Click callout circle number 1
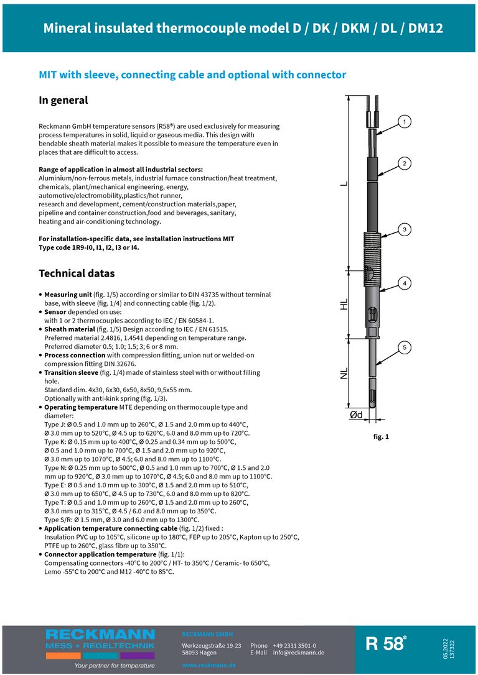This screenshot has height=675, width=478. pos(404,121)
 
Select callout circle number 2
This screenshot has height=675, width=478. pos(404,163)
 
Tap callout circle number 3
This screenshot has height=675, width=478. pos(404,230)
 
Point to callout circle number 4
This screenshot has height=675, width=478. pos(404,283)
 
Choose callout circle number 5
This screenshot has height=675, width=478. pos(404,347)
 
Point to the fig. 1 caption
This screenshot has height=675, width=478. pos(381,437)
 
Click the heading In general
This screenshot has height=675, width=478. pos(63,100)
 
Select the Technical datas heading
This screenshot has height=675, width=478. pos(77,273)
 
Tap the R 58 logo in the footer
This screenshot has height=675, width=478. pos(386,644)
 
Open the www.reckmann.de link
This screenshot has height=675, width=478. pos(209,666)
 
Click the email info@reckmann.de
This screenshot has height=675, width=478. pos(298,653)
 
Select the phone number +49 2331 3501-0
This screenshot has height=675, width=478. pos(294,646)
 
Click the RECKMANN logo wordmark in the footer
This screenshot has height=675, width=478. pos(100,634)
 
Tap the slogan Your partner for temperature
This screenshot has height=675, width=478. pos(115,666)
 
